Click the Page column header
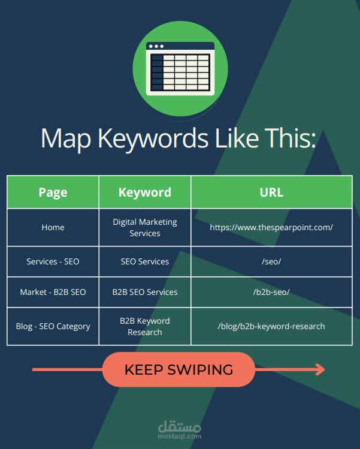coord(53,192)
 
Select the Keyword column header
coord(145,192)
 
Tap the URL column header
coord(271,192)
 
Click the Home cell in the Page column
coord(53,228)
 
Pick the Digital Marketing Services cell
coord(145,227)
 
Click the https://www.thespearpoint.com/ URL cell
coord(271,228)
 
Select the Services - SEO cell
coord(53,261)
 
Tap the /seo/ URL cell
coord(271,261)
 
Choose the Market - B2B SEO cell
coord(53,292)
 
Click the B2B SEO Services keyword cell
coord(145,292)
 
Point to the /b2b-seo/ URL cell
coord(271,292)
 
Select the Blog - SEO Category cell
coord(53,326)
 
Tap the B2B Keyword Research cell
coord(145,326)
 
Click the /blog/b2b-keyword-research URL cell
coord(271,326)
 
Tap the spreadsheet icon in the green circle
coord(180,69)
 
